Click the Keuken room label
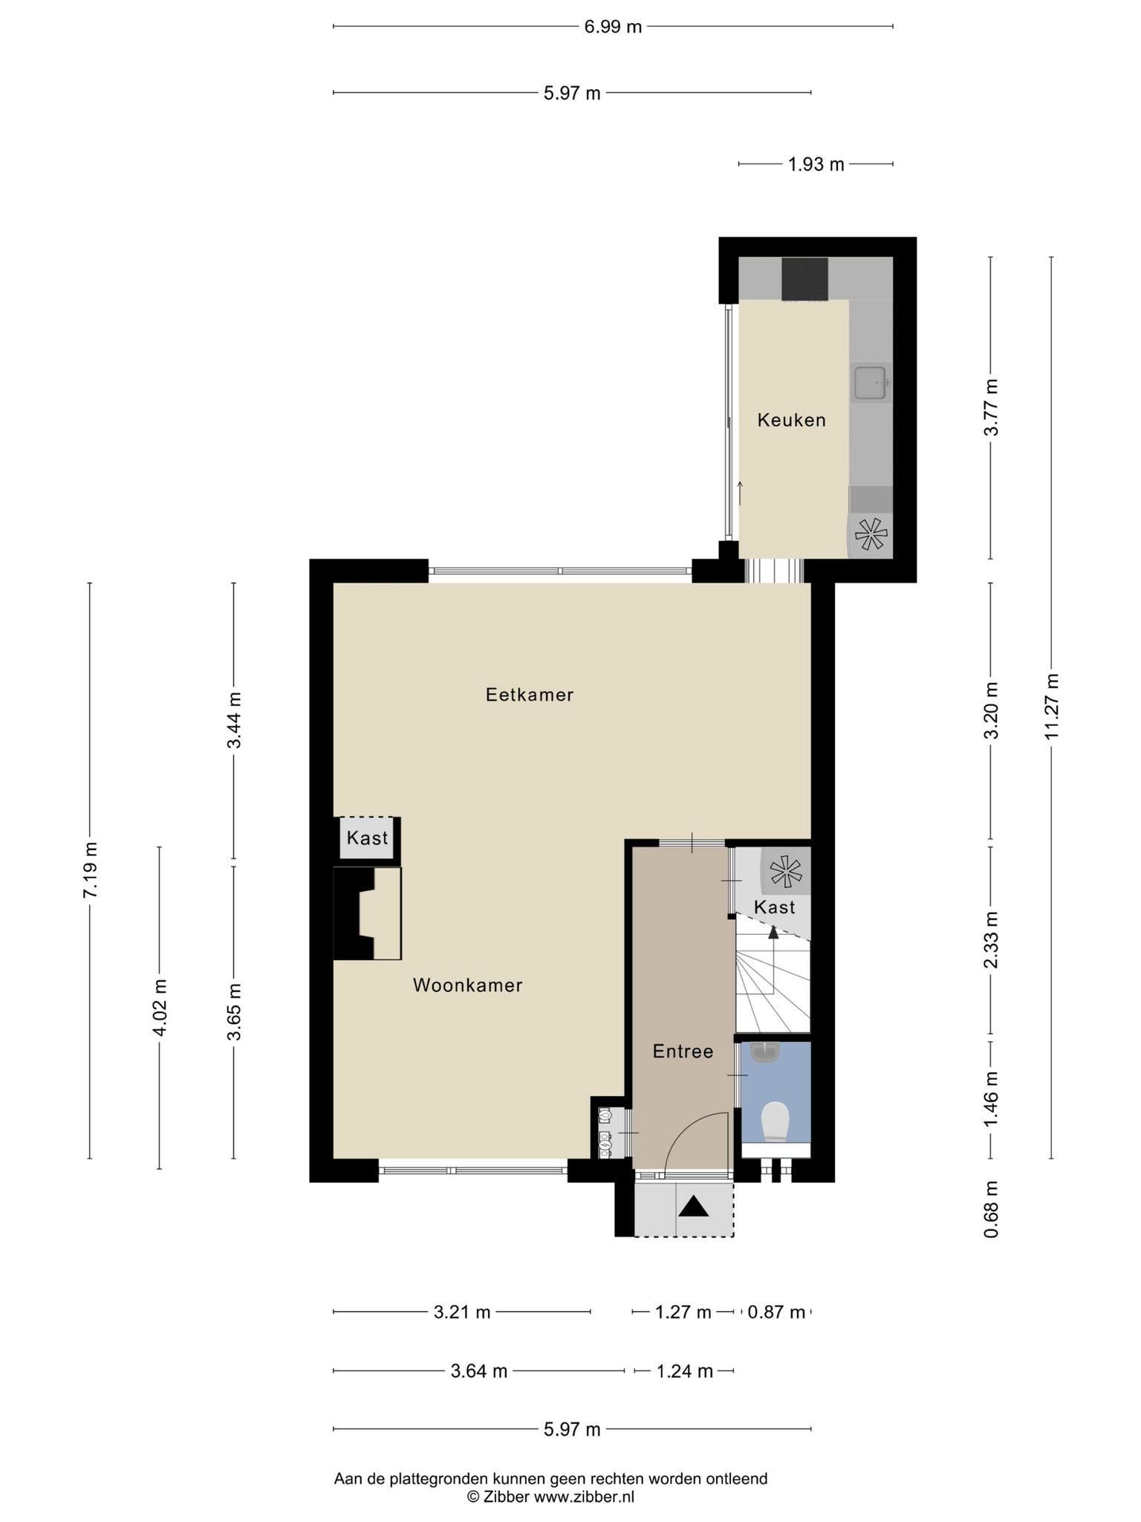coord(791,420)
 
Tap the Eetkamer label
coord(530,695)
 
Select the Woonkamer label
coord(468,985)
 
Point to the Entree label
coord(683,1052)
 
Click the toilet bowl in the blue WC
coord(776,1121)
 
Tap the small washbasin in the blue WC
coord(764,1053)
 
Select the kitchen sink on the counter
coord(870,383)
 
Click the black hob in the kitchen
coord(804,279)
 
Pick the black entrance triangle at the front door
coord(695,1207)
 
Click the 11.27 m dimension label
coord(1051,707)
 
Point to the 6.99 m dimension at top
coord(613,27)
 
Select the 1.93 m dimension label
coord(816,164)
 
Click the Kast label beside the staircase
coord(774,907)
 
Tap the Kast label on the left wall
coord(368,838)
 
